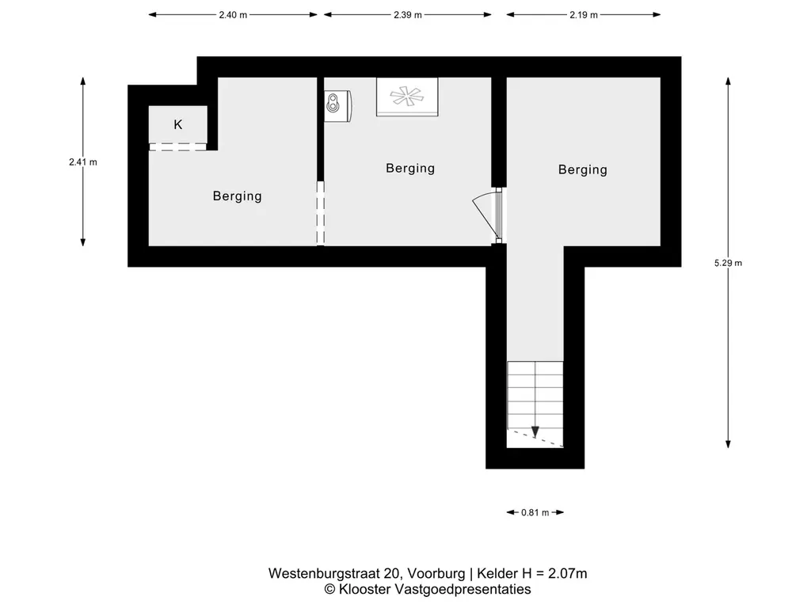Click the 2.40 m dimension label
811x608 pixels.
[x=233, y=14]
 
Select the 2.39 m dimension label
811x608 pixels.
[x=408, y=14]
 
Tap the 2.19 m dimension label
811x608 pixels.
[x=583, y=14]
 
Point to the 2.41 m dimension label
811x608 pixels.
[x=83, y=162]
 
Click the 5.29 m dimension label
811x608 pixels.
[x=728, y=264]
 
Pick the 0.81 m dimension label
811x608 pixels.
[x=535, y=512]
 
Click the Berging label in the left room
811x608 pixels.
[x=237, y=196]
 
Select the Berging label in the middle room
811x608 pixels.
[x=410, y=168]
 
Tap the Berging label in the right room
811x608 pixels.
[x=583, y=169]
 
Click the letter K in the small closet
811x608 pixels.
[x=178, y=124]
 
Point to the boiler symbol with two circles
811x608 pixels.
[x=338, y=104]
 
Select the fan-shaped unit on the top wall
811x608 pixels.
[x=407, y=97]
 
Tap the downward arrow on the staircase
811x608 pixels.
[x=535, y=430]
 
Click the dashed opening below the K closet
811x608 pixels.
[x=178, y=146]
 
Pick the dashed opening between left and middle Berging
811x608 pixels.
[x=320, y=214]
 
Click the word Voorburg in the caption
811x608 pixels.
[x=436, y=573]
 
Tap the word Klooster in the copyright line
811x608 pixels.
[x=367, y=589]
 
